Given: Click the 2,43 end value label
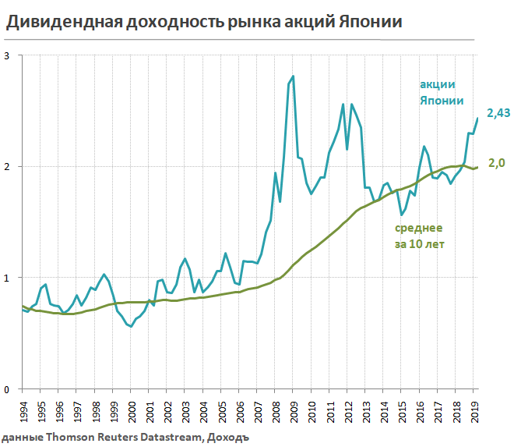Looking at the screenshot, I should pos(498,114).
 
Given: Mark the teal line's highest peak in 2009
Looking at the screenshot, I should pos(293,76).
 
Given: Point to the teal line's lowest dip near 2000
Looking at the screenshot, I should pos(131,326).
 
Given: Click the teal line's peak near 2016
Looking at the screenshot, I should pos(424,146).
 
